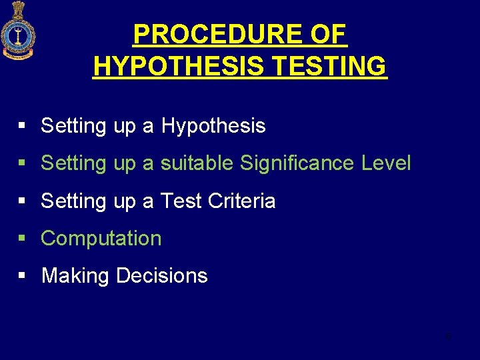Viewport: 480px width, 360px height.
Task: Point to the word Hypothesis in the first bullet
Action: coord(213,125)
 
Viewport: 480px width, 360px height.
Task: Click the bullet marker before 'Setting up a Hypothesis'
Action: coord(22,125)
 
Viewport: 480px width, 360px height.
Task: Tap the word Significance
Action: coord(297,163)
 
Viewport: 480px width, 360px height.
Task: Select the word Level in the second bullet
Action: coord(386,163)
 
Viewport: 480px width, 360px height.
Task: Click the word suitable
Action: coord(197,163)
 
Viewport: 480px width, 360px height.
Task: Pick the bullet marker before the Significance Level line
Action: coord(22,163)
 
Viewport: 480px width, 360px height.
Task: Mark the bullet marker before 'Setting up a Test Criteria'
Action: coord(22,201)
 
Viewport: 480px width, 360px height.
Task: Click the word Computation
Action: coord(101,238)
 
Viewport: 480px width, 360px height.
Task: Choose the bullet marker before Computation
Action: coord(22,238)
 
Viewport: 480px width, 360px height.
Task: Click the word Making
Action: coord(75,275)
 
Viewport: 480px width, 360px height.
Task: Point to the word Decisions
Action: coord(161,275)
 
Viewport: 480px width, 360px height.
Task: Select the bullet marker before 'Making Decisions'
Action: coord(22,275)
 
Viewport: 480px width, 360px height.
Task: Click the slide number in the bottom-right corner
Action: coord(449,335)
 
